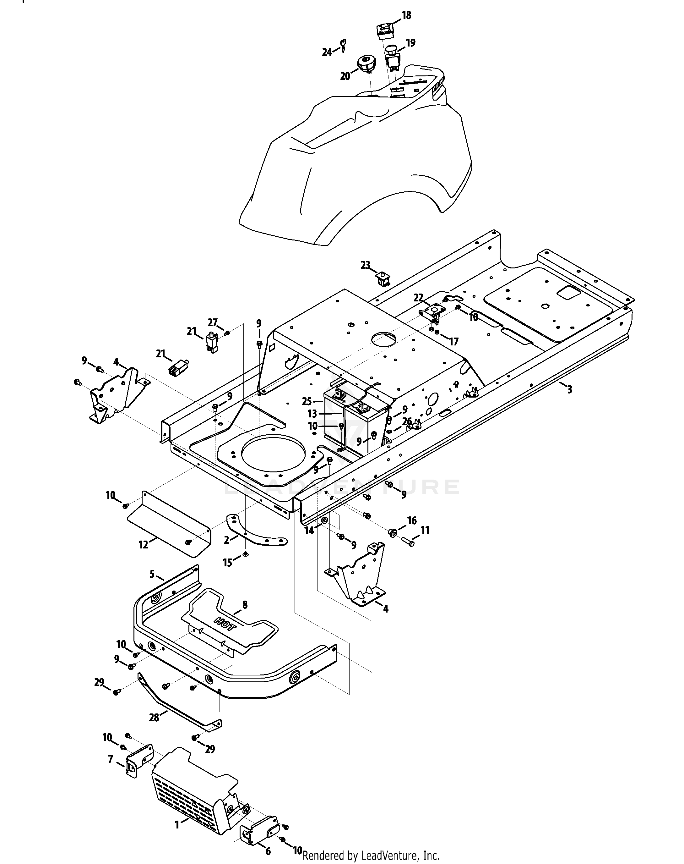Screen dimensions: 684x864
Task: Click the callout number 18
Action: pyautogui.click(x=406, y=16)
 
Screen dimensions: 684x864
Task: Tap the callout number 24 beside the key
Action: pyautogui.click(x=327, y=52)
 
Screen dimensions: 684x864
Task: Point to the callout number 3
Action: pyautogui.click(x=569, y=389)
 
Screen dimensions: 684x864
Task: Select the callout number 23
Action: pyautogui.click(x=365, y=265)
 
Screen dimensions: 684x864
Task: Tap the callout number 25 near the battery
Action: pyautogui.click(x=307, y=401)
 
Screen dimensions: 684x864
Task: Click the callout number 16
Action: pyautogui.click(x=412, y=520)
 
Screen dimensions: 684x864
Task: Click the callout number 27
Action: pyautogui.click(x=213, y=322)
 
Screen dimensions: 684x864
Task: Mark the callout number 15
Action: pyautogui.click(x=227, y=563)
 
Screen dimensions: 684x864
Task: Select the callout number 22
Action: pyautogui.click(x=418, y=298)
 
